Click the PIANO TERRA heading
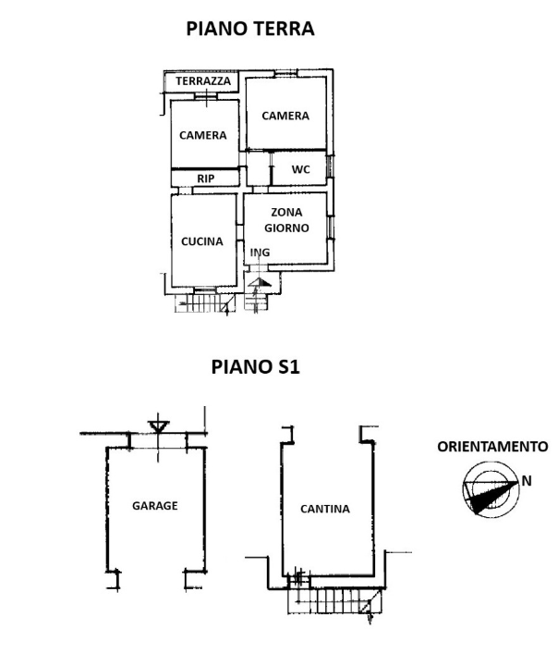249,29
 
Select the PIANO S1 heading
255,366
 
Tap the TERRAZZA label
203,81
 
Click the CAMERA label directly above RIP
203,135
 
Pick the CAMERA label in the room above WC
285,116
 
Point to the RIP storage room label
205,178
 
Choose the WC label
300,169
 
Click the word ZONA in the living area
286,212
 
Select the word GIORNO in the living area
286,227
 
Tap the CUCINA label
202,241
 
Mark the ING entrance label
261,251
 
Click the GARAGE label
154,506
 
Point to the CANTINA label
324,509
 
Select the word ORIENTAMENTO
491,446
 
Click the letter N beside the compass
526,480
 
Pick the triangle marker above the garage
158,427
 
